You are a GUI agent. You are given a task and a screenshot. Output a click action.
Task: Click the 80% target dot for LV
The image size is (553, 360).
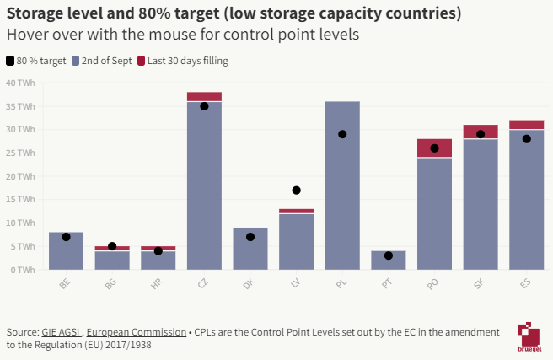click(x=296, y=191)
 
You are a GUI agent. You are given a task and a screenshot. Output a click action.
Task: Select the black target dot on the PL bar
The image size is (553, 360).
click(x=342, y=134)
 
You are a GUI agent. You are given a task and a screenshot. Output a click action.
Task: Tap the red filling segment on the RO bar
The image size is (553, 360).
click(x=434, y=148)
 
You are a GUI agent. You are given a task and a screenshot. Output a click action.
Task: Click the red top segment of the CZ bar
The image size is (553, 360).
click(x=204, y=96)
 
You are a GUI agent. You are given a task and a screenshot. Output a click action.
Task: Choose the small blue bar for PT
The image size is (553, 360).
click(x=388, y=261)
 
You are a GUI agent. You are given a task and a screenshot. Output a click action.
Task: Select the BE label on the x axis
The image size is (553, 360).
click(x=66, y=285)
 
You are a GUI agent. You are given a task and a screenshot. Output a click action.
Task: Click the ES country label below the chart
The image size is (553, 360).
click(x=526, y=285)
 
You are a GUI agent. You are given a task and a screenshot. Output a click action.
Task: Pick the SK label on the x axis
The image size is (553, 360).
click(x=480, y=285)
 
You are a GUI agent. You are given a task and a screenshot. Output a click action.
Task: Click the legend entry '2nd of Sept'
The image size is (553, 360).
click(x=101, y=61)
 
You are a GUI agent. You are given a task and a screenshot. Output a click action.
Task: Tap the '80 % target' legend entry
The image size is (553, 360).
click(x=36, y=61)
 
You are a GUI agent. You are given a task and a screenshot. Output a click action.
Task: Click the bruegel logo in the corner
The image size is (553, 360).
click(x=529, y=336)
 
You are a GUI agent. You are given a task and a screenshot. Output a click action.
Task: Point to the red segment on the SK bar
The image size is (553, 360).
click(x=480, y=132)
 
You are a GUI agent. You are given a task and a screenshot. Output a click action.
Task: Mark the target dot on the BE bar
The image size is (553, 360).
click(x=66, y=237)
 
